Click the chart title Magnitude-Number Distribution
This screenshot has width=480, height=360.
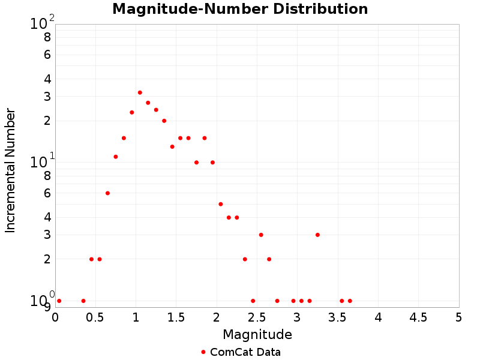(x=240, y=10)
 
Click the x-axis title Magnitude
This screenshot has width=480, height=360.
(x=257, y=335)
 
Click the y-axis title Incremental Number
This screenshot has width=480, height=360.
(x=10, y=170)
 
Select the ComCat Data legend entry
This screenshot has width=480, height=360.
(x=241, y=352)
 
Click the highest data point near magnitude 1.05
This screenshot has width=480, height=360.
(x=140, y=92)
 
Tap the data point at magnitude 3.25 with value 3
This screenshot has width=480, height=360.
(x=317, y=235)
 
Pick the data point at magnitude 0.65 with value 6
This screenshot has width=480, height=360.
(x=107, y=193)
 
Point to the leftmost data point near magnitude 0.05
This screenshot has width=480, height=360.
(x=59, y=301)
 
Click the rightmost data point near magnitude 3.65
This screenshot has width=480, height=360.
(x=350, y=301)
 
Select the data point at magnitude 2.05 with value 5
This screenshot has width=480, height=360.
(x=221, y=204)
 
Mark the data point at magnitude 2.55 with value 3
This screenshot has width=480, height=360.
(x=261, y=235)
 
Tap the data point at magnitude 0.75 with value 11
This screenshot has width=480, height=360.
(x=116, y=157)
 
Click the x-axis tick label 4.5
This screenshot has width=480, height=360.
(x=418, y=317)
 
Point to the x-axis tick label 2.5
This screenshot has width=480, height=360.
(x=257, y=317)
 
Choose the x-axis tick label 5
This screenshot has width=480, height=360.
(x=459, y=317)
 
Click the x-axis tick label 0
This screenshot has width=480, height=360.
(x=55, y=317)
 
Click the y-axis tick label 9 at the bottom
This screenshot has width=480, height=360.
(x=47, y=307)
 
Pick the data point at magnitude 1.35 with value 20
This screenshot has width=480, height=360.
(x=164, y=121)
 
